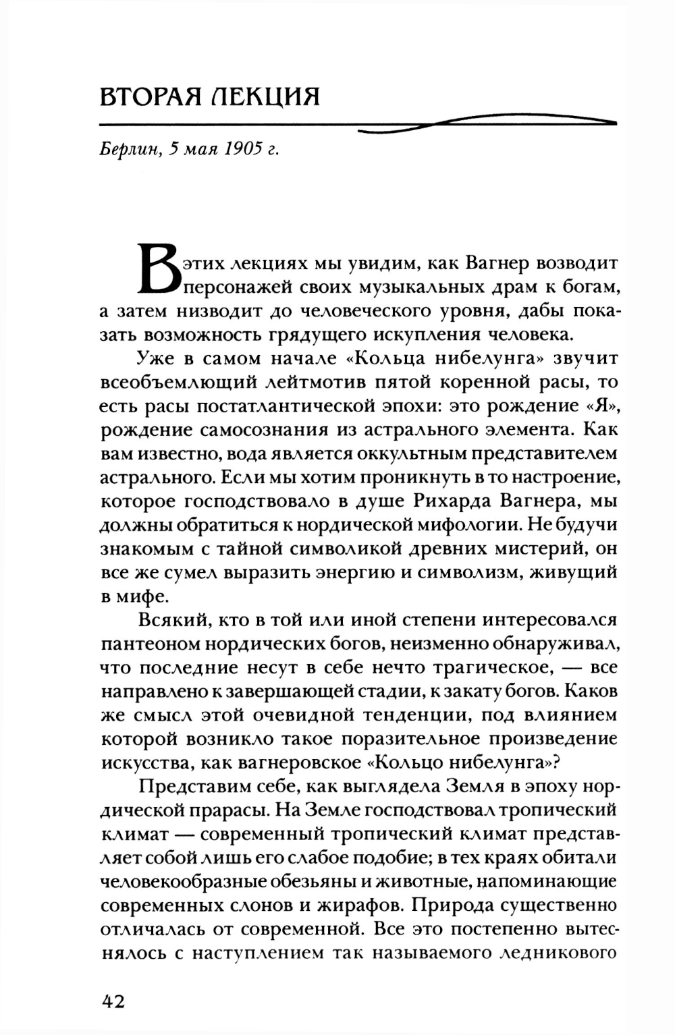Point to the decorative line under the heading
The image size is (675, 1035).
pos(358,125)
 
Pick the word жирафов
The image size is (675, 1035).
pos(354,904)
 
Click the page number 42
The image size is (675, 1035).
pos(113,1001)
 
